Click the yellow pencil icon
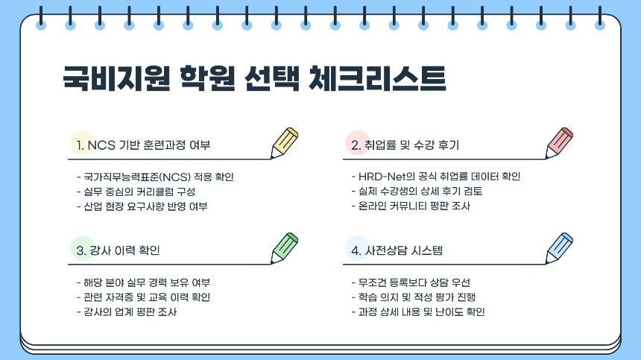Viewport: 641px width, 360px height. pos(285,142)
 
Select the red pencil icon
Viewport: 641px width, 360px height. pos(559,142)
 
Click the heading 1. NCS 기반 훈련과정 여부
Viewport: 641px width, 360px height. pos(148,145)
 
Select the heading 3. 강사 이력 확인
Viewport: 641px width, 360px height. pos(119,250)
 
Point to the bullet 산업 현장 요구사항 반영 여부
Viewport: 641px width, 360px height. pos(142,206)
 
